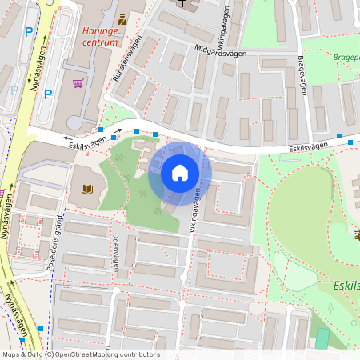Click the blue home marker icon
(180, 173)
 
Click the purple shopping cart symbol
(78, 82)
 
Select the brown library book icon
(87, 190)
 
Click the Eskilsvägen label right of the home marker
(310, 147)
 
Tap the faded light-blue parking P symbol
(14, 90)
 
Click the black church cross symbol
(184, 3)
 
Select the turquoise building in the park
(322, 338)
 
